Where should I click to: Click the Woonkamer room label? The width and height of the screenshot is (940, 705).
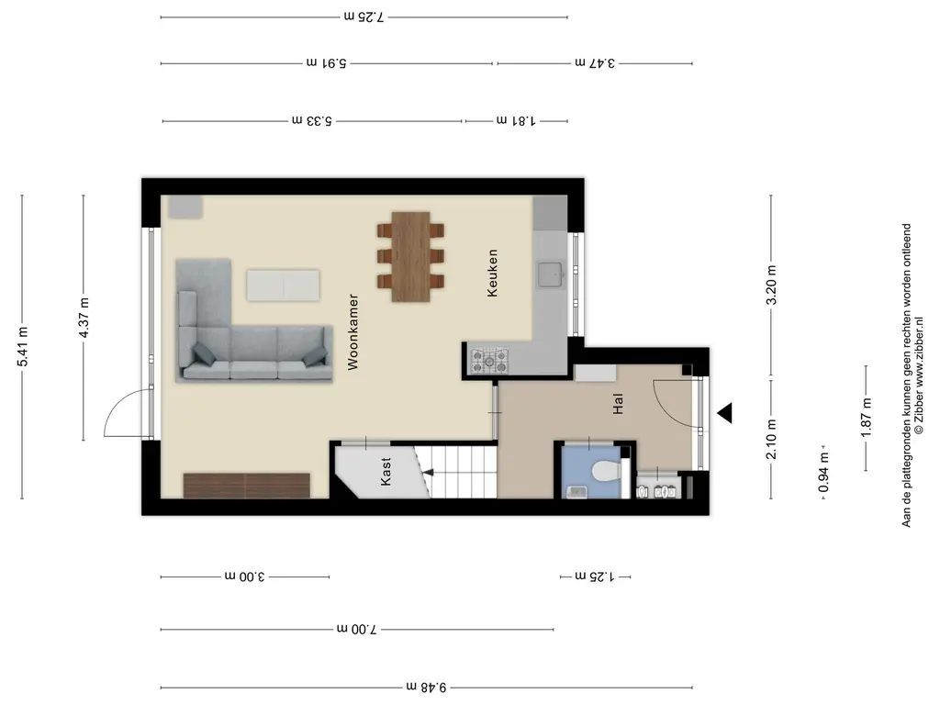coord(352,331)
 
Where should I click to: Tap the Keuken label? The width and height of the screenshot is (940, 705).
coord(492,274)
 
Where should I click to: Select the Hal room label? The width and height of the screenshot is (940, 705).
coord(618,404)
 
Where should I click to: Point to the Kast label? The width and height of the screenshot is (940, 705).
coord(386,471)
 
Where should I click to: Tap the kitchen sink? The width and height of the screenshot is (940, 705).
coord(549,274)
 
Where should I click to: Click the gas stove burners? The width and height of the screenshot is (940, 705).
coord(489,361)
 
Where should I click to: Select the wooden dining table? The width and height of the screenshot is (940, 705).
coord(410,256)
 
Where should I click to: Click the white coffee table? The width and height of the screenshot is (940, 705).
coord(283,285)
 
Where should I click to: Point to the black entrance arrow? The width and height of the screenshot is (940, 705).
coord(725,413)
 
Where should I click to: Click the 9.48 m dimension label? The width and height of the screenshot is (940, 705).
coord(426,687)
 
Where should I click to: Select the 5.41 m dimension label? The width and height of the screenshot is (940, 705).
coord(22,347)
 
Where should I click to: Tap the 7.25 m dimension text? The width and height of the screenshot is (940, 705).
coord(364,17)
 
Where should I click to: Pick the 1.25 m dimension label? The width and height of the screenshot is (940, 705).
coord(595,576)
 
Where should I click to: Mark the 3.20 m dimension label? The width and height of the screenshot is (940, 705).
coord(771,285)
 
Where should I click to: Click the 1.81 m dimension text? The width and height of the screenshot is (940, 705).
coord(516,120)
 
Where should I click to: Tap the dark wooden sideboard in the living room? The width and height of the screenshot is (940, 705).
coord(246,486)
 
